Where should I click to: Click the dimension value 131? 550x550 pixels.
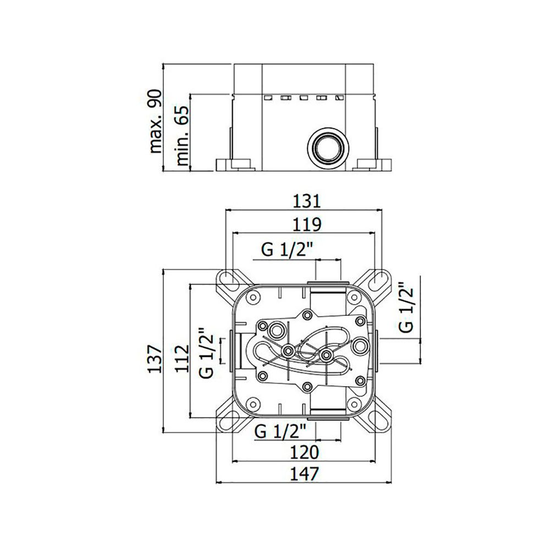tap(307, 201)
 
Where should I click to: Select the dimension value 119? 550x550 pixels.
tap(307, 224)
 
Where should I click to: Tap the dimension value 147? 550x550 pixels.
tap(304, 474)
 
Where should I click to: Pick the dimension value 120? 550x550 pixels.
tap(304, 452)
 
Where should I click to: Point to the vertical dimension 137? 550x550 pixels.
tap(155, 359)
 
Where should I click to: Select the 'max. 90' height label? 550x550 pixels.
tap(156, 121)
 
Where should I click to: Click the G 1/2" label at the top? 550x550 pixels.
tap(287, 250)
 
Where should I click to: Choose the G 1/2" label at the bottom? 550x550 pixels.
tap(280, 431)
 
